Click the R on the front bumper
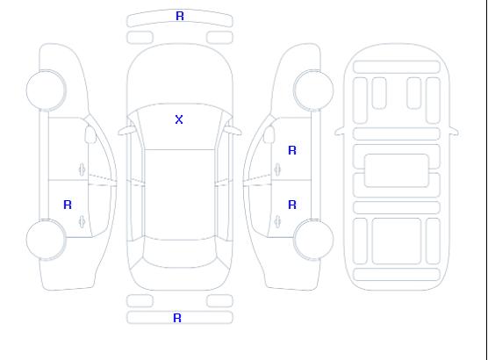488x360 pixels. pos(180,16)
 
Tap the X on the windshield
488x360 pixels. pos(179,119)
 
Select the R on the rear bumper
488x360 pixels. pos(177,318)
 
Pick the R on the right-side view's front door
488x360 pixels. pos(292,150)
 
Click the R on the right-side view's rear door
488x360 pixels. pos(292,205)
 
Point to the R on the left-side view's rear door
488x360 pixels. pos(68,205)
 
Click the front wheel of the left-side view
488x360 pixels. pos(46,90)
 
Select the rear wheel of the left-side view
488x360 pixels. pos(46,240)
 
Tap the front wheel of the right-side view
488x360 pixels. pos(313,90)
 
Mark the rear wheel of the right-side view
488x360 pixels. pos(313,240)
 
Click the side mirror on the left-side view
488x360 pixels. pos(90,134)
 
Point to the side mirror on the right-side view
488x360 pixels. pos(269,134)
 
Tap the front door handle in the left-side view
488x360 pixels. pos(82,169)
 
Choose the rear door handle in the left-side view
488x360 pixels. pos(82,221)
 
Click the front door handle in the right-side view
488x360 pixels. pos(277,169)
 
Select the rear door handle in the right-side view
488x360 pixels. pos(277,221)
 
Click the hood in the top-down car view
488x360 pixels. pos(180,75)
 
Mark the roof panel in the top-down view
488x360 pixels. pos(180,195)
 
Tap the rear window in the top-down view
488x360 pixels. pos(180,254)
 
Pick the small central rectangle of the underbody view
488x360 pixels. pos(396,170)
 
